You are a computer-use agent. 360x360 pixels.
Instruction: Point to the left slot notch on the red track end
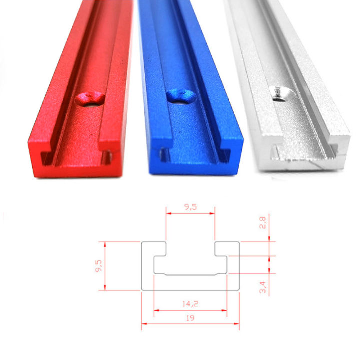[x=45, y=159]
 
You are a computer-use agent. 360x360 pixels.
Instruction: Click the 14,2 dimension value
[x=190, y=302]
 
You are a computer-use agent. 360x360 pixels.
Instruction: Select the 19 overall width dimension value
[x=190, y=317]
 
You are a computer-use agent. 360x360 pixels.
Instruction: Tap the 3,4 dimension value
[x=263, y=288]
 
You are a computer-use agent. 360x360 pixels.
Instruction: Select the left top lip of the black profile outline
[x=154, y=248]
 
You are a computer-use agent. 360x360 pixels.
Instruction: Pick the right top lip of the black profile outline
[x=227, y=248]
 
